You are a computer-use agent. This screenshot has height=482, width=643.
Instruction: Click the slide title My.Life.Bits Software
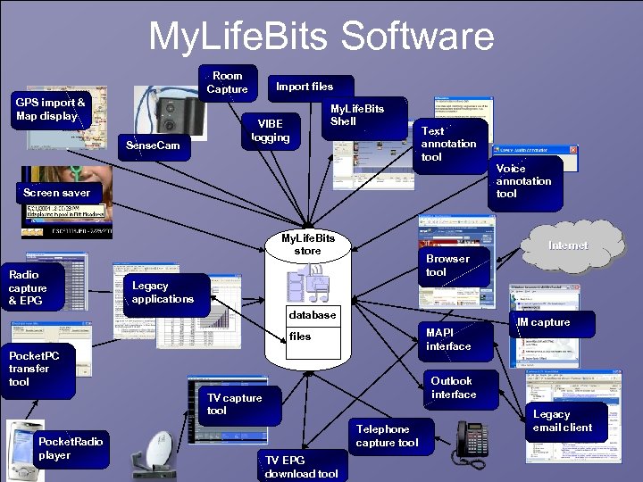coord(321,37)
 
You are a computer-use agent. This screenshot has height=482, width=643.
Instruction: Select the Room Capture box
coord(228,82)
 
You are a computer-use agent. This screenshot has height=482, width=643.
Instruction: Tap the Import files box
coord(304,87)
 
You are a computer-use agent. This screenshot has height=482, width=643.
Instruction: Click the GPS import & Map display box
coord(51,110)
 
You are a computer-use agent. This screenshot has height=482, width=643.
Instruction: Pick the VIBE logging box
coord(270,131)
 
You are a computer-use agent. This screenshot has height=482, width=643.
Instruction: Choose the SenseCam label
coord(154,145)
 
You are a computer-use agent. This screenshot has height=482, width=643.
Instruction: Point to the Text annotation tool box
coord(448,144)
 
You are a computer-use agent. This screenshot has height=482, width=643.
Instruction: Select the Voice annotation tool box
coord(524,181)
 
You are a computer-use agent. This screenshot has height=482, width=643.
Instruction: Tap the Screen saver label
coord(56,193)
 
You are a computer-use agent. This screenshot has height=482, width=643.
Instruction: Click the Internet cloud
coord(568,245)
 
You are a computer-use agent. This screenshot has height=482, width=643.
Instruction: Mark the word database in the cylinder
coord(313,315)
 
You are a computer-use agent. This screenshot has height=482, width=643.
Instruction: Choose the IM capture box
coord(544,322)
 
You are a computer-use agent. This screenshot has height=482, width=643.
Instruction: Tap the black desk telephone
coord(471,439)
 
